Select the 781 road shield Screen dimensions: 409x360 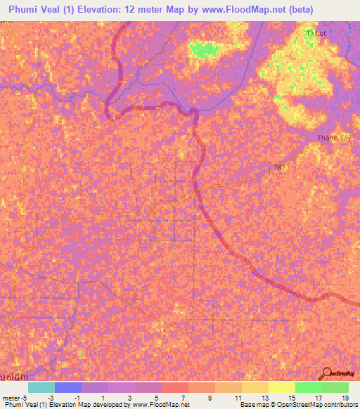(280, 167)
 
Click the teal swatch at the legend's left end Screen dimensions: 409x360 (41, 387)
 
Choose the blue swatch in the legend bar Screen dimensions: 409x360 (67, 387)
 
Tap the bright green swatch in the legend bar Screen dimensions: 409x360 (308, 387)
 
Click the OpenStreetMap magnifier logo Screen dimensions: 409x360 (326, 375)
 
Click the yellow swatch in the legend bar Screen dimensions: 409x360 (281, 387)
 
